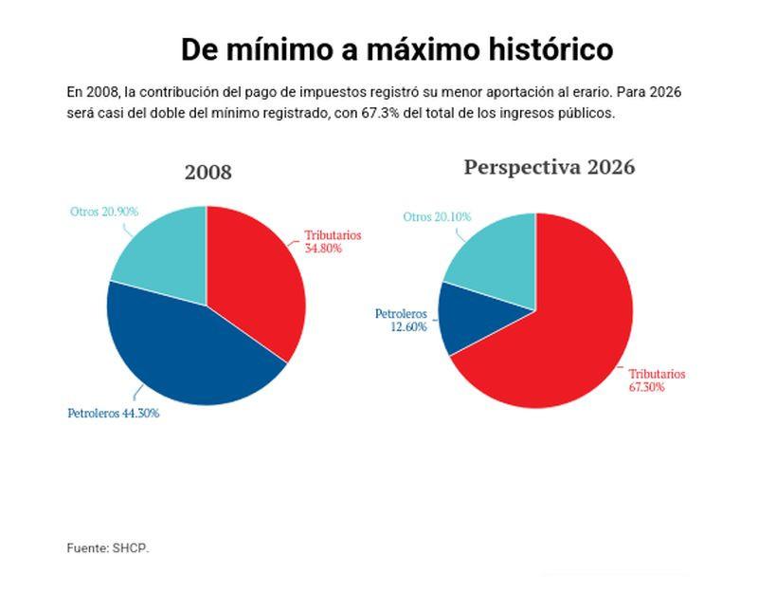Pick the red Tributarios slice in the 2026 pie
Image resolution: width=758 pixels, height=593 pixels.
click(x=559, y=342)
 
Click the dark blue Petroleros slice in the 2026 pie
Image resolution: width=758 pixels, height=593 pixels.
click(x=478, y=323)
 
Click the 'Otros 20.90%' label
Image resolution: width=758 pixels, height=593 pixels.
click(x=104, y=212)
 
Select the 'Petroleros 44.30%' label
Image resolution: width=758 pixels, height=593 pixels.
click(x=113, y=414)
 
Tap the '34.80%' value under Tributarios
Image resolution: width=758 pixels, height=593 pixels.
click(x=323, y=249)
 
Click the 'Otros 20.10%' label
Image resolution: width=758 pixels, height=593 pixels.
click(x=437, y=217)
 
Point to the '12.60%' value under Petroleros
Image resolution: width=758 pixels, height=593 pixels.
click(x=408, y=326)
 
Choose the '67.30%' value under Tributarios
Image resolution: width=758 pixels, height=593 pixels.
click(x=648, y=387)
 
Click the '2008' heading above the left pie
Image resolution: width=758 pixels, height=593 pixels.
click(x=208, y=173)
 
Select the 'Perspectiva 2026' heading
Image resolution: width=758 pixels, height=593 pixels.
click(x=550, y=167)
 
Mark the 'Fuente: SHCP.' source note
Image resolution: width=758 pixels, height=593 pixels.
click(x=108, y=547)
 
